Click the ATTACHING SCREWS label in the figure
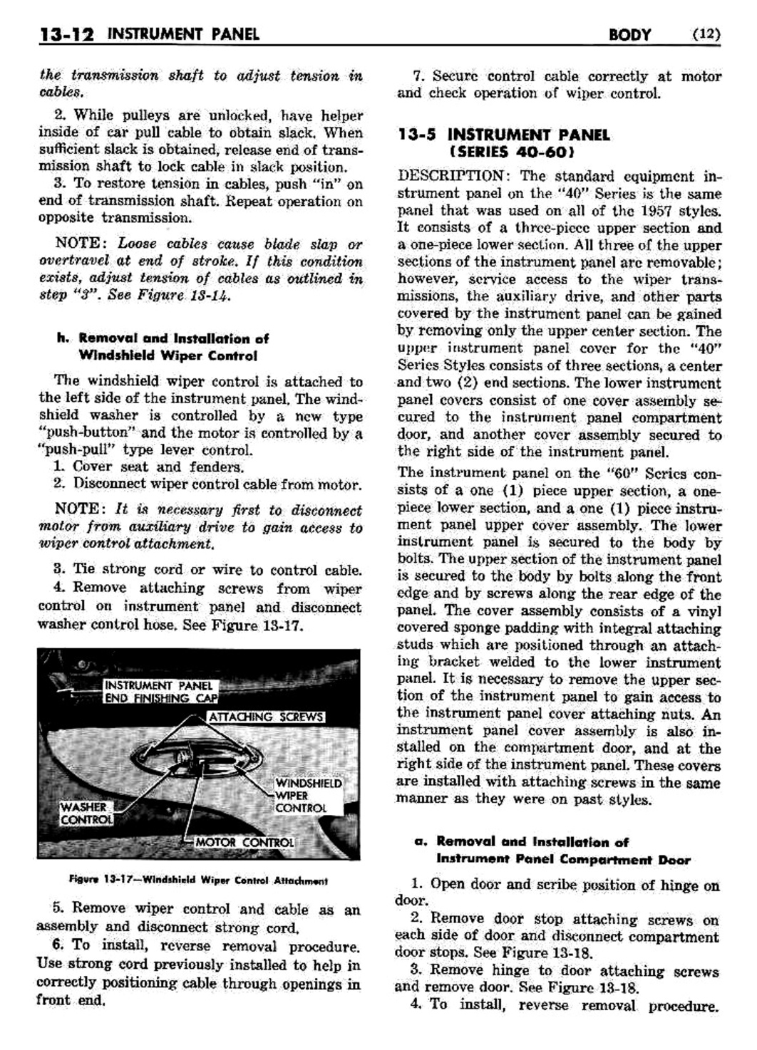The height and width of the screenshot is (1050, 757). coord(266,717)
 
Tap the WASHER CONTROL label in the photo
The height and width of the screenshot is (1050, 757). coord(86,813)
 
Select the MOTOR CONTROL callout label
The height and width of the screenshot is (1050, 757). coord(244,843)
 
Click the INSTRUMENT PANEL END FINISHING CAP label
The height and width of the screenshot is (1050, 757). coord(158,692)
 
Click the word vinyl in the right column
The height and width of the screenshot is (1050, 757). coord(706,611)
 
